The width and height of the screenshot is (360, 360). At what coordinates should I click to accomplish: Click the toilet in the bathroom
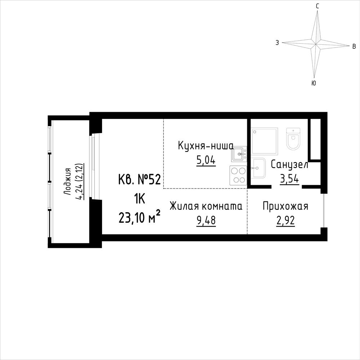click(293, 138)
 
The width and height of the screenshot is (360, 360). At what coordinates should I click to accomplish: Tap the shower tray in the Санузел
click(265, 141)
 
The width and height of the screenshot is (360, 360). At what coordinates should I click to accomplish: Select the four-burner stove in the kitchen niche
click(238, 175)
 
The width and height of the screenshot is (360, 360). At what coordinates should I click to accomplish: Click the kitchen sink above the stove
click(239, 154)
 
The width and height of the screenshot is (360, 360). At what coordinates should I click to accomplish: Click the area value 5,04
click(206, 160)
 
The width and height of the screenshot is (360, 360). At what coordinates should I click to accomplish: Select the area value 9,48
click(206, 221)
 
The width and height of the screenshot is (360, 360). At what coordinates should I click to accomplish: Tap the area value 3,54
click(289, 179)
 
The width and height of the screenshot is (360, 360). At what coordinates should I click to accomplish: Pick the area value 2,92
click(285, 221)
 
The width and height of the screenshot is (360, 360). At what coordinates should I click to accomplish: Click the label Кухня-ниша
click(206, 146)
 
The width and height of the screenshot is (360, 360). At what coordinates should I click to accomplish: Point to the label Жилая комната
click(206, 206)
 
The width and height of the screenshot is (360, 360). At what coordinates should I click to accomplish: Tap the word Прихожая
click(285, 206)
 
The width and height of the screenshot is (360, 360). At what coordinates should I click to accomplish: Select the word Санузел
click(289, 164)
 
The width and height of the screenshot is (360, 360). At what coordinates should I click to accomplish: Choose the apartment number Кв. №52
click(139, 179)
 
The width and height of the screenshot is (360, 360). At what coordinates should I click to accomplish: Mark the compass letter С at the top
click(317, 6)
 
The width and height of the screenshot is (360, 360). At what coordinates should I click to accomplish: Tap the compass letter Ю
click(314, 83)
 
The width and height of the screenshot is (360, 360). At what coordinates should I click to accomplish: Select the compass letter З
click(277, 43)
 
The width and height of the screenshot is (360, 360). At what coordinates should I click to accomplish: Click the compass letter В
click(354, 46)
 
